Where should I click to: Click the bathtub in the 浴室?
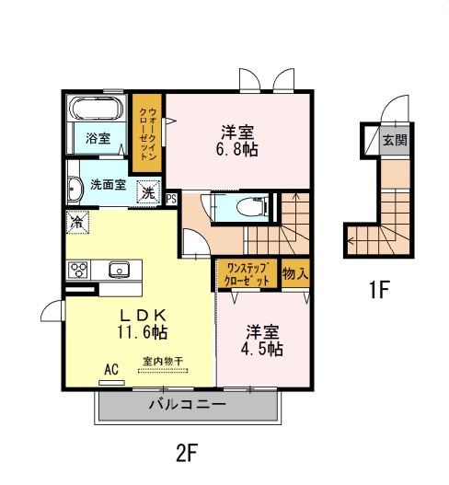pyautogui.click(x=97, y=109)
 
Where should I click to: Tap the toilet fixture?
pyautogui.click(x=251, y=206)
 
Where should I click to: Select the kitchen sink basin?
pyautogui.click(x=119, y=270)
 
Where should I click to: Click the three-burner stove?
pyautogui.click(x=78, y=270)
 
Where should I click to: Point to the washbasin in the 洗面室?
pyautogui.click(x=75, y=190)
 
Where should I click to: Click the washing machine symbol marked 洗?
pyautogui.click(x=148, y=193)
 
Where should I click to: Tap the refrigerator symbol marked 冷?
pyautogui.click(x=77, y=222)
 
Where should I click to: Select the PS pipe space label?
pyautogui.click(x=171, y=199)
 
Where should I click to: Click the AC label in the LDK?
pyautogui.click(x=111, y=369)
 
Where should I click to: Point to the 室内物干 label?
pyautogui.click(x=163, y=361)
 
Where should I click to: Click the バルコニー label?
pyautogui.click(x=188, y=404)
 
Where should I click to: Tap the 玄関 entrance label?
pyautogui.click(x=395, y=141)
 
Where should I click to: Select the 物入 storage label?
pyautogui.click(x=295, y=273)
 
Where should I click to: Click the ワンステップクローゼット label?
pyautogui.click(x=247, y=273)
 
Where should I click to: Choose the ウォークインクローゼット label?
pyautogui.click(x=147, y=133)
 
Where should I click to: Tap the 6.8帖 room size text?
pyautogui.click(x=236, y=149)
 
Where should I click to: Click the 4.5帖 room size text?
pyautogui.click(x=261, y=349)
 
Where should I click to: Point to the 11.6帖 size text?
pyautogui.click(x=142, y=332)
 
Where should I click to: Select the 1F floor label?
pyautogui.click(x=379, y=289)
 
